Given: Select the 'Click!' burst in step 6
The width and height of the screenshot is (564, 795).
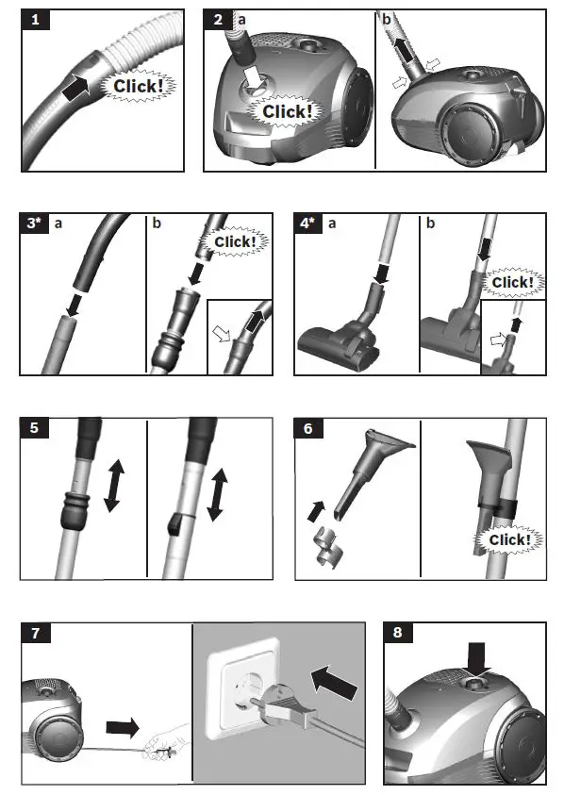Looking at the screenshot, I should (508, 540).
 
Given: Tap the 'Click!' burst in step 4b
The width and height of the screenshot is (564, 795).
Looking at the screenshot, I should (512, 282).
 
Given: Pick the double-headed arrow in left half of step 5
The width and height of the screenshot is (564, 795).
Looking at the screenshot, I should (113, 485).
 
